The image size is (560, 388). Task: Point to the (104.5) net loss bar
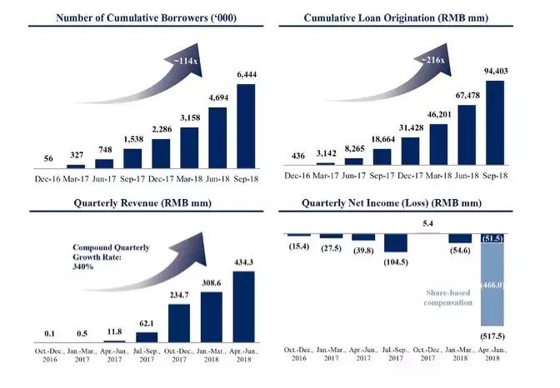[x=395, y=242]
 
